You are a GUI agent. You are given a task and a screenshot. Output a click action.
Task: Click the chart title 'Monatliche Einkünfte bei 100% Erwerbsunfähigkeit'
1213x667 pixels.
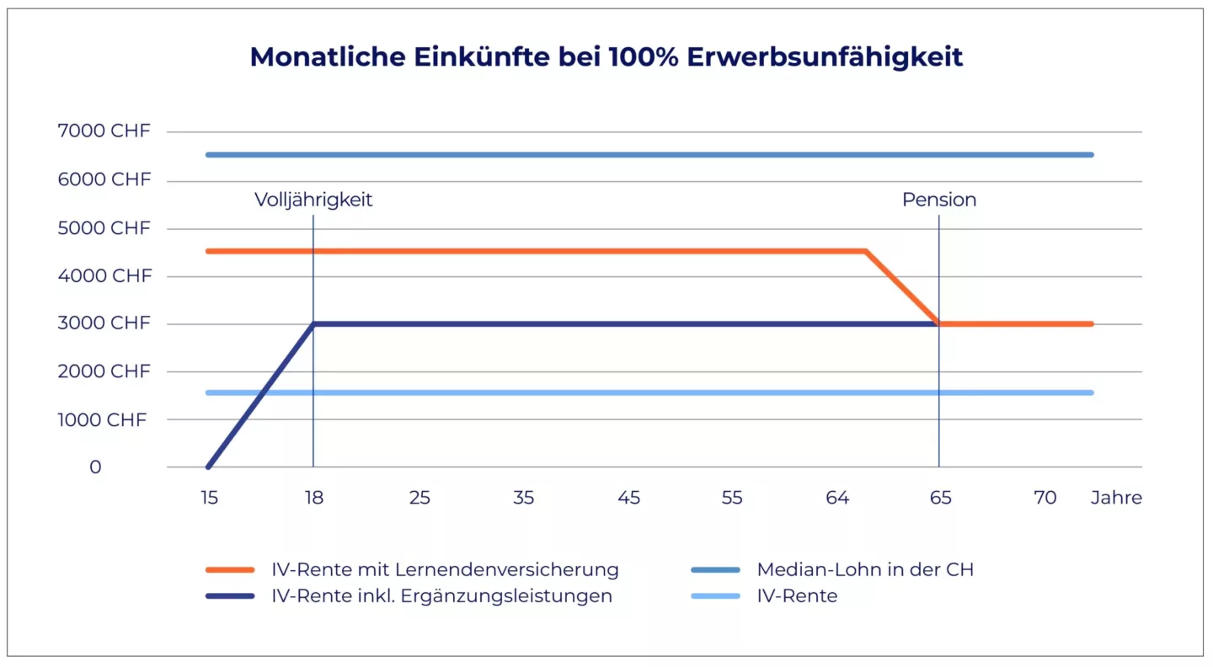tap(606, 57)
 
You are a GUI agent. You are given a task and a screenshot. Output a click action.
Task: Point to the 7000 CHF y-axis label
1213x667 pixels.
tap(104, 131)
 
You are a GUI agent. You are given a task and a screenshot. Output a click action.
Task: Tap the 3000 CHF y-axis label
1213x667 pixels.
tap(104, 323)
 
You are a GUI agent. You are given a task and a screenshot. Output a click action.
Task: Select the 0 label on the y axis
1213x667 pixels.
tap(95, 467)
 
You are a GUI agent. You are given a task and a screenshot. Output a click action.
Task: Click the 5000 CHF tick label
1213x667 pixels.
tap(104, 228)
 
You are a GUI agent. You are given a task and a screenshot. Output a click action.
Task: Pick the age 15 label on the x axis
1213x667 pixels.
tap(209, 498)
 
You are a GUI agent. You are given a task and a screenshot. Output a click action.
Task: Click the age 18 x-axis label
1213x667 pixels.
tap(313, 498)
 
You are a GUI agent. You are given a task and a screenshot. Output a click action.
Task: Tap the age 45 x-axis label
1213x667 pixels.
tap(628, 498)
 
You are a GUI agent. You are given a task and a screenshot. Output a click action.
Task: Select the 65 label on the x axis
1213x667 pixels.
tap(940, 498)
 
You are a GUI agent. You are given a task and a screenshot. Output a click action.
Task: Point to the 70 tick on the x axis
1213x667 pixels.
tap(1045, 498)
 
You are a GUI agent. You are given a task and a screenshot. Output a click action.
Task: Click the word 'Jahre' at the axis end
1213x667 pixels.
tap(1116, 498)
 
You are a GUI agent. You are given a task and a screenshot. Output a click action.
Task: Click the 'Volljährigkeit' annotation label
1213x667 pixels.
tap(313, 200)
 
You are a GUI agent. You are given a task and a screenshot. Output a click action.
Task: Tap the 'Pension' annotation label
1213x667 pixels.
tap(939, 200)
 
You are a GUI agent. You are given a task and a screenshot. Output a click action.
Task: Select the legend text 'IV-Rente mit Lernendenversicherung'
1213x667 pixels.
tap(445, 569)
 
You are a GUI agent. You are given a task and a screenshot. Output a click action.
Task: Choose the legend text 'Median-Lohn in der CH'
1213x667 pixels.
tap(865, 569)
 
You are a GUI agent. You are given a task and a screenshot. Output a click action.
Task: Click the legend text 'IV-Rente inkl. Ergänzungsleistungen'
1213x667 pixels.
tap(441, 596)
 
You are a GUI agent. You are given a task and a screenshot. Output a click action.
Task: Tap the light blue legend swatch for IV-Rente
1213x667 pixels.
tap(714, 596)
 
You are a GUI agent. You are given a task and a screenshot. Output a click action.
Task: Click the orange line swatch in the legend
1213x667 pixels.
tap(230, 569)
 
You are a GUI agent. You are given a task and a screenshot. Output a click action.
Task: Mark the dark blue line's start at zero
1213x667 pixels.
tap(209, 467)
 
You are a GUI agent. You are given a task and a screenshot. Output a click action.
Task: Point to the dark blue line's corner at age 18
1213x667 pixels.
tap(313, 324)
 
